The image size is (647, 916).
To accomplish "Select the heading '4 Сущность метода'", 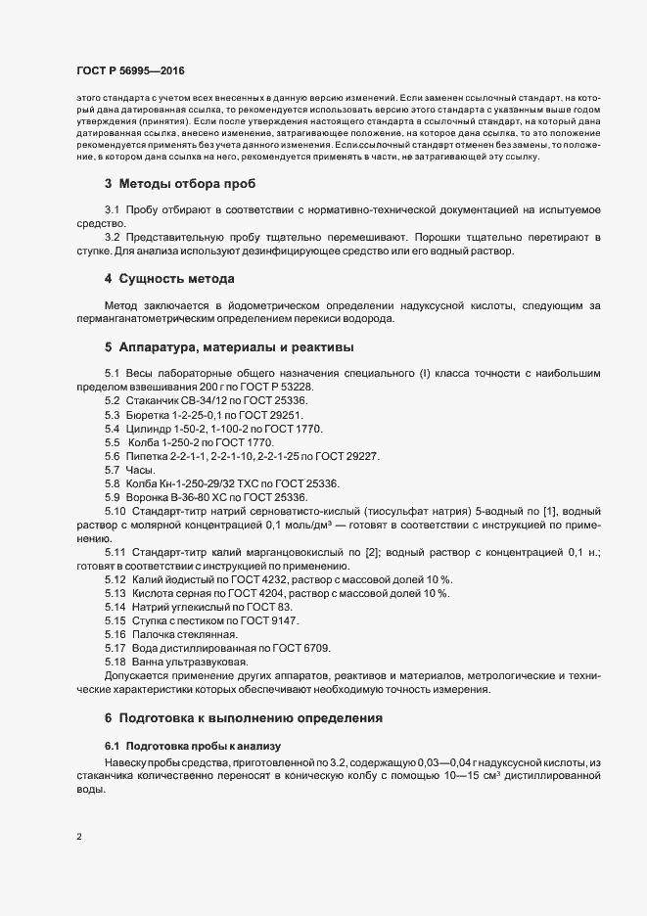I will point(168,278).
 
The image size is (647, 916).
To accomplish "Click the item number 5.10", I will point(116,512).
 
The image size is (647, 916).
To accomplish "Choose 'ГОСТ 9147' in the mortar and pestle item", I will point(270,621).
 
